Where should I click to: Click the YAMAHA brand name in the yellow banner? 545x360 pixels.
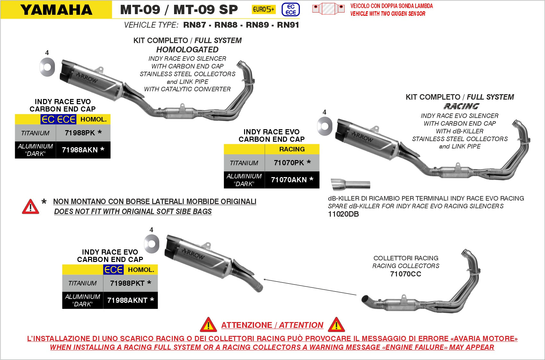57,10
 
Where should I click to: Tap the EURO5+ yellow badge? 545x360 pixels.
263,9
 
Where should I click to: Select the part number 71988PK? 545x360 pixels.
80,133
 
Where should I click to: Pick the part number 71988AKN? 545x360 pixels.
80,150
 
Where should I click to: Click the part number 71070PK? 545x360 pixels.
289,163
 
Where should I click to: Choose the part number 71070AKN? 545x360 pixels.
289,180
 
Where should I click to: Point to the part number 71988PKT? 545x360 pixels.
127,283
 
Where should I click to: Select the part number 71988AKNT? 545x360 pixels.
127,300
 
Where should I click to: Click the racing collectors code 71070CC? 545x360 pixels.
406,274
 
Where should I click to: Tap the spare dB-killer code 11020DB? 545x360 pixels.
343,214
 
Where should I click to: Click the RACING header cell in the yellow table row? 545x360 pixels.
292,149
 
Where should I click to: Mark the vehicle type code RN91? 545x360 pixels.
288,25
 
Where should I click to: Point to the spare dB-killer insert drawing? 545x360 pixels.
350,184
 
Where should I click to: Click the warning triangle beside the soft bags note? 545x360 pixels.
31,207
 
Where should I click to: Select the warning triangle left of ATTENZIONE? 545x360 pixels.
208,325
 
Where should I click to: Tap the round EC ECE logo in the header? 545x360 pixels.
291,9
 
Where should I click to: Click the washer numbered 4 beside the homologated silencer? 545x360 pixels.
47,67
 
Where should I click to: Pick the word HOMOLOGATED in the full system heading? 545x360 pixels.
187,50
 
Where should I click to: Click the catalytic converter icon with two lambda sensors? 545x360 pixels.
328,9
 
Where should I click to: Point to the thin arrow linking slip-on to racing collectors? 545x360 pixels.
310,287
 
